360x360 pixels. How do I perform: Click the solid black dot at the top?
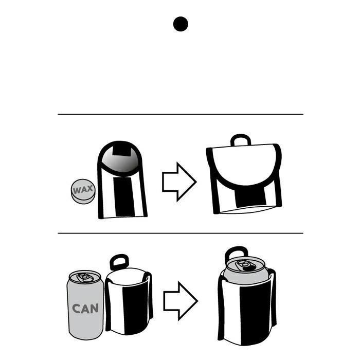click(x=181, y=24)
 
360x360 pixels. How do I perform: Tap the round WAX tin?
click(x=83, y=191)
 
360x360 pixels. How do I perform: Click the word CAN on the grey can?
click(x=85, y=309)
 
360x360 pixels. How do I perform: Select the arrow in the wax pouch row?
click(x=179, y=182)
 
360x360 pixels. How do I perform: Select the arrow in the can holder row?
click(x=181, y=301)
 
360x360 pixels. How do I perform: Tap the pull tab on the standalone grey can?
click(x=84, y=277)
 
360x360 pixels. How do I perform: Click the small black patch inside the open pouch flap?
click(x=122, y=151)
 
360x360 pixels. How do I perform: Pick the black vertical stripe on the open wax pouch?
click(x=124, y=196)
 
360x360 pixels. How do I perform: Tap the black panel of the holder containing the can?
click(x=255, y=315)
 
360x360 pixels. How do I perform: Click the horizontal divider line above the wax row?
click(x=180, y=114)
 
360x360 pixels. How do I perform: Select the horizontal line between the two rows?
click(x=180, y=233)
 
